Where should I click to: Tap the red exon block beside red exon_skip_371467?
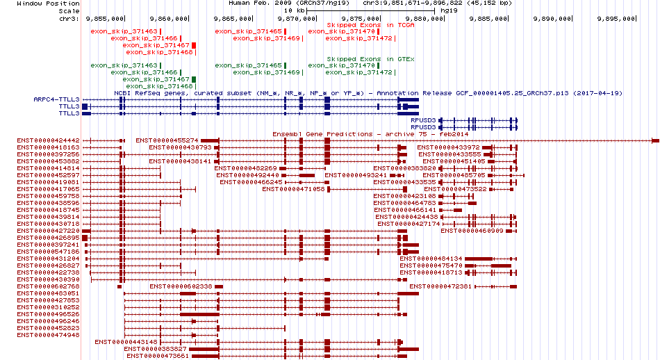coord(195,45)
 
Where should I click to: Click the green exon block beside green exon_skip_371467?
coord(195,80)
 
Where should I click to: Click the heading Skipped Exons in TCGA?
coord(361,24)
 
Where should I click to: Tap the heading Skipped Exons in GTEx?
coord(361,59)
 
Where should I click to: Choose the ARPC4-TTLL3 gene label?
coord(56,99)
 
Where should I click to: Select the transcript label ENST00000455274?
coord(167,140)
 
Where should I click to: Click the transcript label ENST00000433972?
coord(448,147)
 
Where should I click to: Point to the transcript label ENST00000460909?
coord(471,231)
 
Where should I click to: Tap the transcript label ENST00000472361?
coord(440,286)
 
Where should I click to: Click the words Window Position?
coord(39,3)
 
